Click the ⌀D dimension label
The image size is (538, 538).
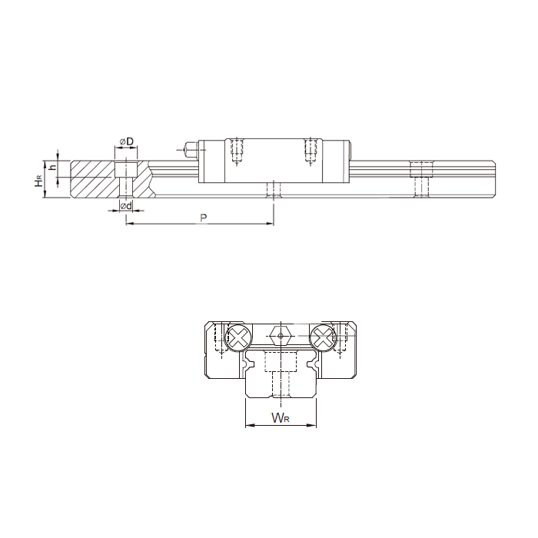click(126, 141)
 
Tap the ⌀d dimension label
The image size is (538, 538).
click(126, 206)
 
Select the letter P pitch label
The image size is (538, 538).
click(204, 218)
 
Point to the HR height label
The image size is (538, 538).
click(39, 180)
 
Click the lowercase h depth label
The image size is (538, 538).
click(52, 168)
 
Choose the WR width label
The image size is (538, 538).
click(281, 418)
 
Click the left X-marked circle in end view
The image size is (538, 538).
click(239, 337)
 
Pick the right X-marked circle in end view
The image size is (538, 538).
click(323, 337)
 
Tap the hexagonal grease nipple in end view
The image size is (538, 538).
click(281, 336)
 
